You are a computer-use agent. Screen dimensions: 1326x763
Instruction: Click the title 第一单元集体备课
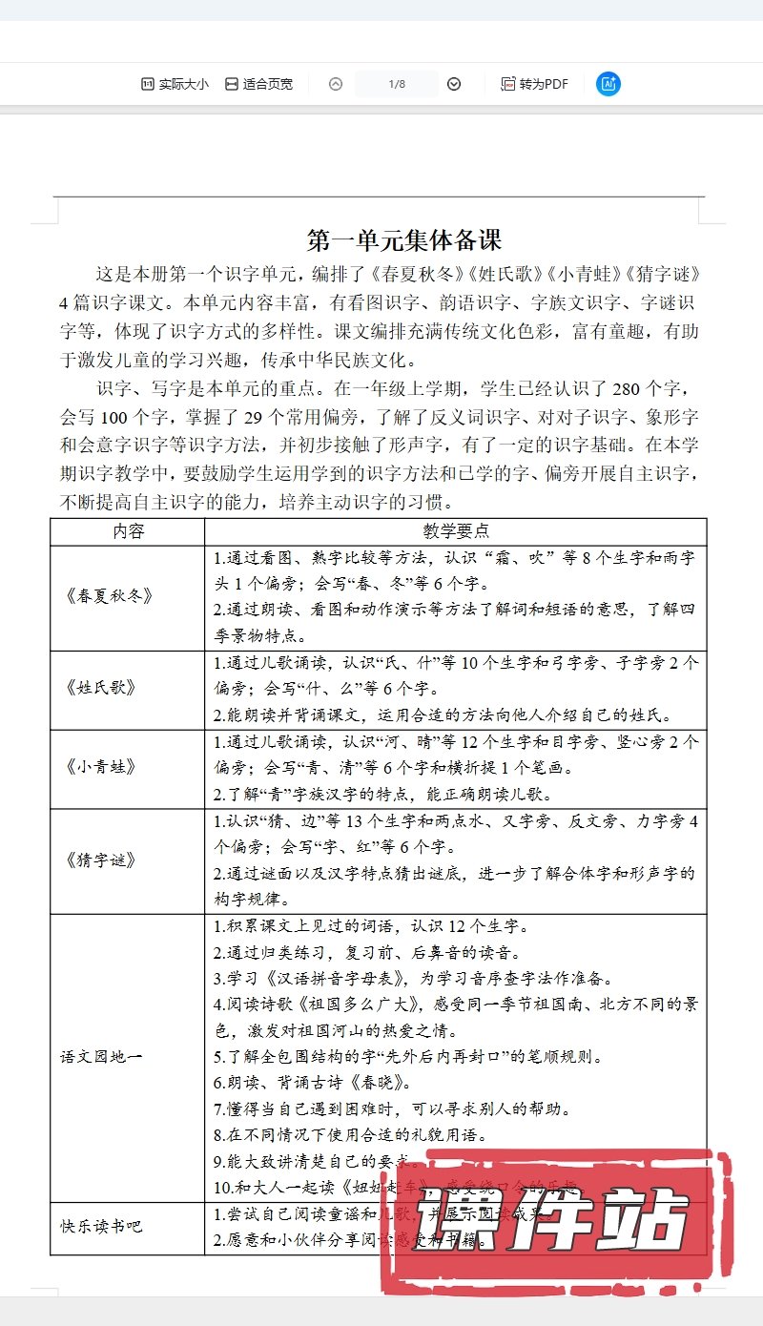404,239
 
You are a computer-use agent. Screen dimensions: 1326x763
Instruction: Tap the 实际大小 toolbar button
175,84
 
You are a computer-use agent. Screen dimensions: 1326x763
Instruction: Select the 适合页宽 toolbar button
258,84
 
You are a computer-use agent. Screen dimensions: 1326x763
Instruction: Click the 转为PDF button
534,84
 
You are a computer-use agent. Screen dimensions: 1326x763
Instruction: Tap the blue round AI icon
608,84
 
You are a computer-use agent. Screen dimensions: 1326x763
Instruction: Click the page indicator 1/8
397,84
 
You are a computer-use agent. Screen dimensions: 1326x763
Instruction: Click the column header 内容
128,531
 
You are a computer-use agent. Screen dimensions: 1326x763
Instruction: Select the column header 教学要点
456,531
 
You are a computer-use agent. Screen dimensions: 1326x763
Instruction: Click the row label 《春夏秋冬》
109,596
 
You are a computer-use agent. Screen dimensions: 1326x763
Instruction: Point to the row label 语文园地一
101,1057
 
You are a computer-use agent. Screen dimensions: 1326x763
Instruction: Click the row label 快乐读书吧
101,1227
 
